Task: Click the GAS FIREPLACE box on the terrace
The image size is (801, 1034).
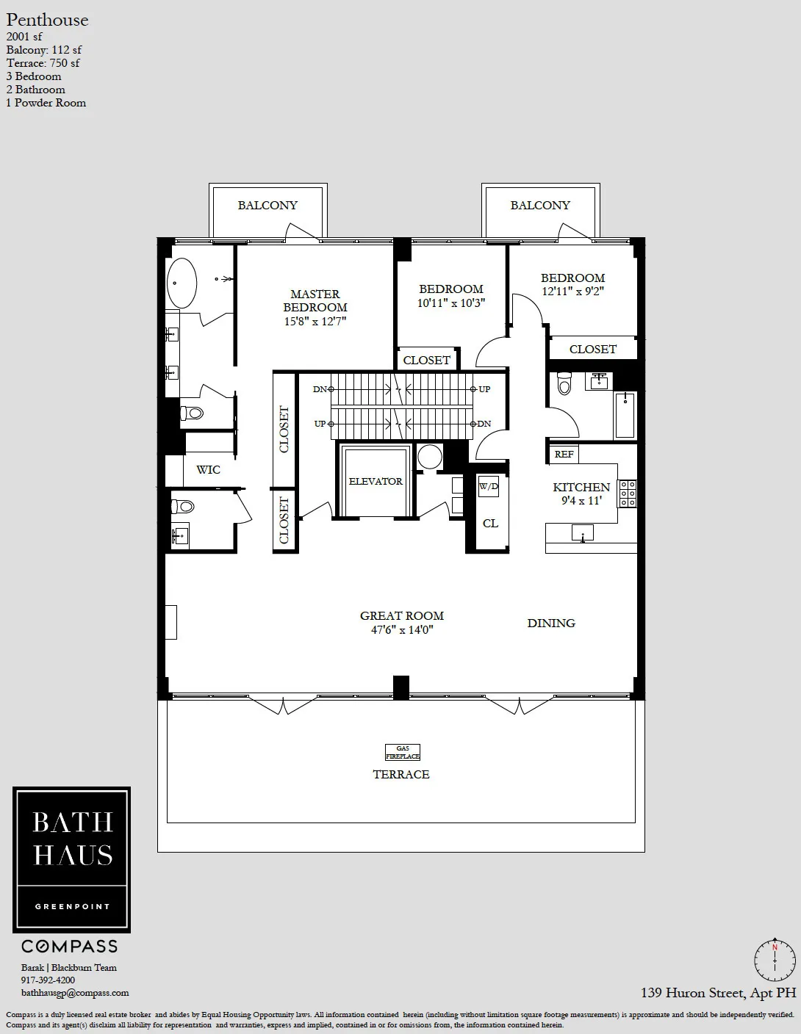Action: (403, 752)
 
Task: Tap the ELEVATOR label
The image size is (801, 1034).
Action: (376, 481)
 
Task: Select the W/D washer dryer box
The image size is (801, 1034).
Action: (489, 486)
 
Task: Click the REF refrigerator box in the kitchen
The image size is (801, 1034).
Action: (564, 454)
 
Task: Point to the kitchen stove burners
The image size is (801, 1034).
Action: (628, 493)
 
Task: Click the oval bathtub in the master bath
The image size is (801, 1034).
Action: (182, 283)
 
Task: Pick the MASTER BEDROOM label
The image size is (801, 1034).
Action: (315, 300)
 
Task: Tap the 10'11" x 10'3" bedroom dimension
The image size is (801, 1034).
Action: (451, 303)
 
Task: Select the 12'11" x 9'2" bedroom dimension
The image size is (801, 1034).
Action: (572, 292)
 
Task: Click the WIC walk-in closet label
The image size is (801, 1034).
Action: (208, 470)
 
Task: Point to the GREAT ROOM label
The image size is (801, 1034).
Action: (402, 616)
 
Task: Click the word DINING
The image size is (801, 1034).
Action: (551, 623)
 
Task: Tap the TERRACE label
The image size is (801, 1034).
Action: (401, 775)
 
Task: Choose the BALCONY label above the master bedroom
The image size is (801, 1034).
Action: (267, 206)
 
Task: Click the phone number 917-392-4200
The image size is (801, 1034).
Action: (48, 980)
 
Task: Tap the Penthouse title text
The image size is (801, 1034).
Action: (47, 20)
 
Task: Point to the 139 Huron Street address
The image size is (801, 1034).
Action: (718, 993)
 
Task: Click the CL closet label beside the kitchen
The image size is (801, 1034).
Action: (490, 523)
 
